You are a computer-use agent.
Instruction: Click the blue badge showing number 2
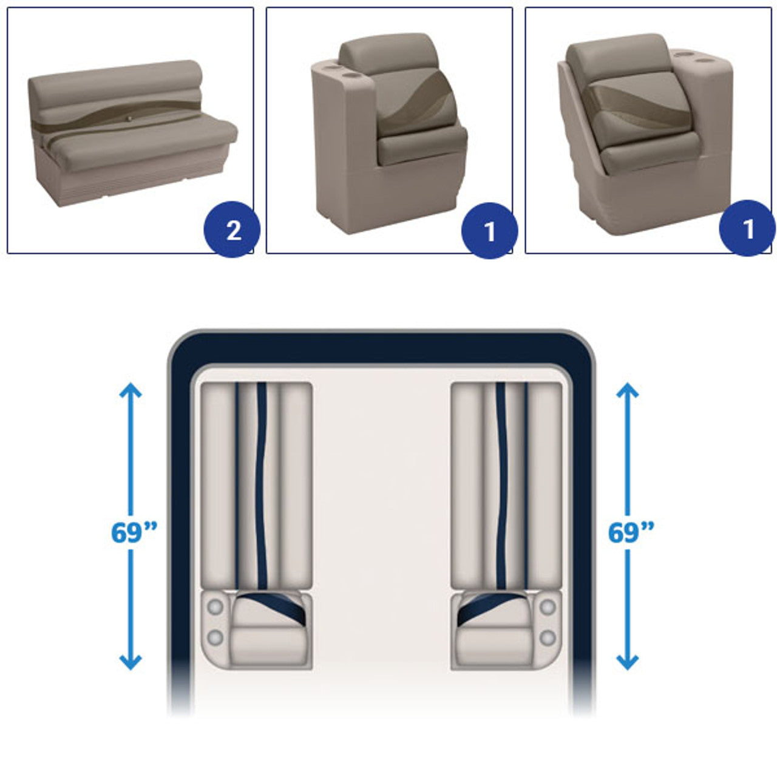pos(232,229)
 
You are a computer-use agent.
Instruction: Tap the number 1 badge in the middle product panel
pos(489,231)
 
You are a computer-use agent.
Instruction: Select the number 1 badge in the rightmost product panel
pos(747,228)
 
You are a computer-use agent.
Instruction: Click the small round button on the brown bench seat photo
pos(130,119)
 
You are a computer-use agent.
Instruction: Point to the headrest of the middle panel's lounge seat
pos(388,53)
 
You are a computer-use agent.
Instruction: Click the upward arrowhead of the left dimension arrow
pos(131,390)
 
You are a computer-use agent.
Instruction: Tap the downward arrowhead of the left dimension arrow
pos(131,662)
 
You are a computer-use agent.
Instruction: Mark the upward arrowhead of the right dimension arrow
pos(628,390)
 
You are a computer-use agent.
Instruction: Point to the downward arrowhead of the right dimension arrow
pos(628,662)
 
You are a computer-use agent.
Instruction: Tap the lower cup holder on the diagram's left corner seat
pos(215,638)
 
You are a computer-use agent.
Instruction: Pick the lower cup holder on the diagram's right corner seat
pos(548,638)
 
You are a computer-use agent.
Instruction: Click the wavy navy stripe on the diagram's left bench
pos(261,484)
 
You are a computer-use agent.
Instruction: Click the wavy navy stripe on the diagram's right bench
pos(501,484)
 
